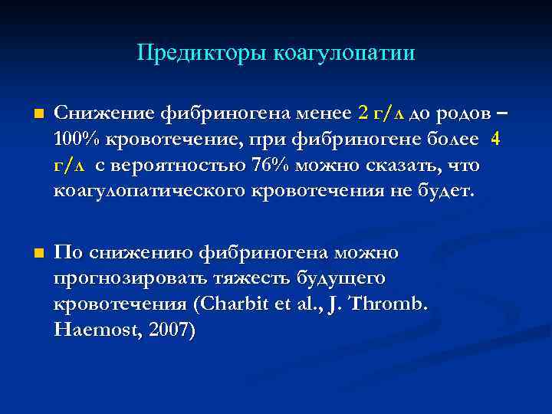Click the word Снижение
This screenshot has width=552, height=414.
[103, 115]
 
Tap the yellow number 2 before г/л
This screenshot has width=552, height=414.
[363, 115]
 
